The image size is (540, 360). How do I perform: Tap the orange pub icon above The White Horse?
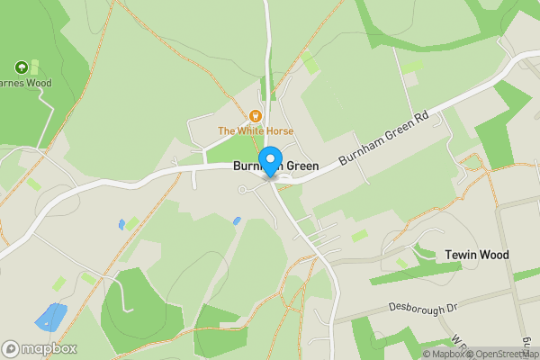tap(256, 115)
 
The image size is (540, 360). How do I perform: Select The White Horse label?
tap(256, 131)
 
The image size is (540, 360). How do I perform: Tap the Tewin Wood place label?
tap(477, 255)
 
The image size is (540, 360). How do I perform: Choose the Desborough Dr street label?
tap(424, 308)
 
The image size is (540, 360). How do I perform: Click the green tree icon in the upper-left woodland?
tap(21, 67)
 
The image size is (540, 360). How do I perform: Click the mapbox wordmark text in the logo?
tap(49, 348)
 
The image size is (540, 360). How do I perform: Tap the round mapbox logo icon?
tap(11, 348)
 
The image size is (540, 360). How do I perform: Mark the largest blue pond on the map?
tap(50, 317)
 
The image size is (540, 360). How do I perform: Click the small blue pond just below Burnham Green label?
tap(237, 220)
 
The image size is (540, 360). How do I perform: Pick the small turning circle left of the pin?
tap(241, 189)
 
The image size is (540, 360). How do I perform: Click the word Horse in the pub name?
tap(276, 131)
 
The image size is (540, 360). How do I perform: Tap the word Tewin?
tap(461, 255)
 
